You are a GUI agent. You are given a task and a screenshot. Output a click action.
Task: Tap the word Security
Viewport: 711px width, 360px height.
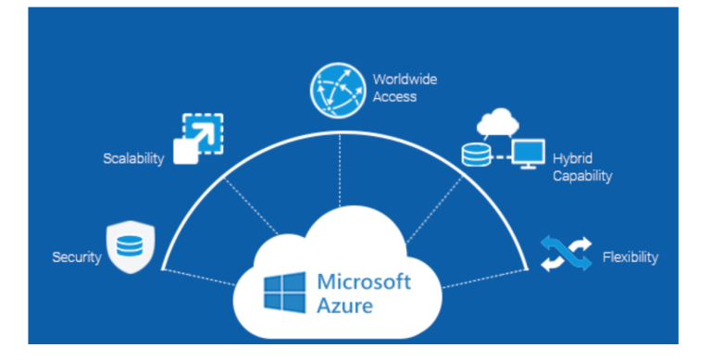click(76, 257)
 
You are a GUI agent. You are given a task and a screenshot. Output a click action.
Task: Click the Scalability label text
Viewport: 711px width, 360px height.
click(133, 158)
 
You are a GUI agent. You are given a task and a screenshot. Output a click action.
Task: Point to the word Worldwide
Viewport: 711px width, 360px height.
click(405, 79)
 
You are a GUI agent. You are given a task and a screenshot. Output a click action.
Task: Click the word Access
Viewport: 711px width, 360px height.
click(394, 96)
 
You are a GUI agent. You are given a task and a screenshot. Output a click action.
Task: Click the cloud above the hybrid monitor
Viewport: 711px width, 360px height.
click(500, 122)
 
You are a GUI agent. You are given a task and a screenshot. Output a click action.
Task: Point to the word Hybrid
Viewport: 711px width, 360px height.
click(573, 158)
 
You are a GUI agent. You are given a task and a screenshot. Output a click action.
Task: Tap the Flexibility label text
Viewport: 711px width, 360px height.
click(630, 257)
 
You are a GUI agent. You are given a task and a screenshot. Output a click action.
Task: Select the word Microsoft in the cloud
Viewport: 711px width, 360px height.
click(364, 281)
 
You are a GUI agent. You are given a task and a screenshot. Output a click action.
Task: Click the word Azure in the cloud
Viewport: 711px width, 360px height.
click(343, 304)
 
